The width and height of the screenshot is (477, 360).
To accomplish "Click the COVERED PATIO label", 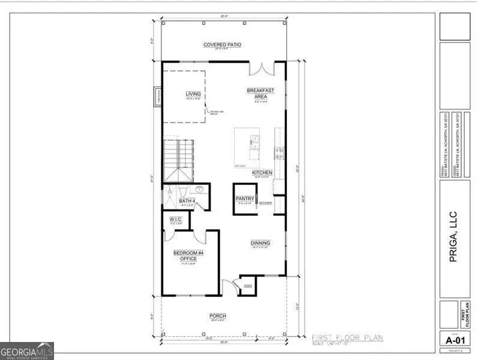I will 223,45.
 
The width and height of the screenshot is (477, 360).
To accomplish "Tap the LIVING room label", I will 193,94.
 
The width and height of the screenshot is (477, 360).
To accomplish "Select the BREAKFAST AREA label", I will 260,94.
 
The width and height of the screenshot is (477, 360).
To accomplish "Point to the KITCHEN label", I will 262,173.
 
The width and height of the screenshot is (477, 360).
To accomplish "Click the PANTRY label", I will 245,199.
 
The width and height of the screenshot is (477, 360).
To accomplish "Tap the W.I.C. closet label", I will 176,219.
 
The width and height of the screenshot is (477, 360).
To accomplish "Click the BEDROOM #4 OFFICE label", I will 189,256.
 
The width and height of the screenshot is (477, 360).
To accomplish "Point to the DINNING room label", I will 260,243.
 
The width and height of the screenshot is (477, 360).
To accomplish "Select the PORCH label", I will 217,316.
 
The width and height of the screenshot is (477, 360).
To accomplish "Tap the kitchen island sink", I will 254,143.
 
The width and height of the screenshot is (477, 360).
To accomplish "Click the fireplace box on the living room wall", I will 159,96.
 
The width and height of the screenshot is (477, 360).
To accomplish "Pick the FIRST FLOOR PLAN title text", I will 347,338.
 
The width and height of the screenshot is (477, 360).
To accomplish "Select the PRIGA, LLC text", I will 454,232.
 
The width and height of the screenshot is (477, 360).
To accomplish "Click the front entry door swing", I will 227,287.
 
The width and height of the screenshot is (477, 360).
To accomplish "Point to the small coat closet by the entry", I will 247,285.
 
